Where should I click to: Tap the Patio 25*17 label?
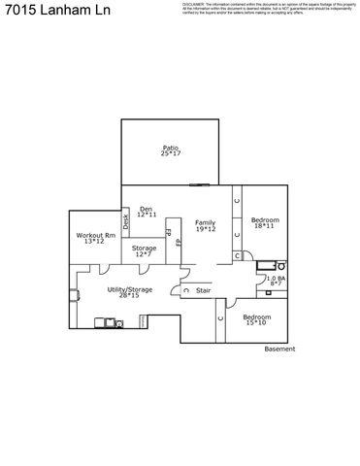click(171, 151)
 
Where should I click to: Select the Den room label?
click(147, 211)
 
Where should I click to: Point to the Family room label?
click(205, 225)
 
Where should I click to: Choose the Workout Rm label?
click(96, 238)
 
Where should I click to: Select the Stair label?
click(204, 290)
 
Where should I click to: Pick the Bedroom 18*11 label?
click(265, 222)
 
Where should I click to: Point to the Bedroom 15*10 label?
click(256, 319)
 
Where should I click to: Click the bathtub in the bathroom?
click(266, 264)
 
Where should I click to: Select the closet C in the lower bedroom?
click(220, 317)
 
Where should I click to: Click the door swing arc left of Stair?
click(184, 288)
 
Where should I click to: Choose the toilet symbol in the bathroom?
click(283, 263)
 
